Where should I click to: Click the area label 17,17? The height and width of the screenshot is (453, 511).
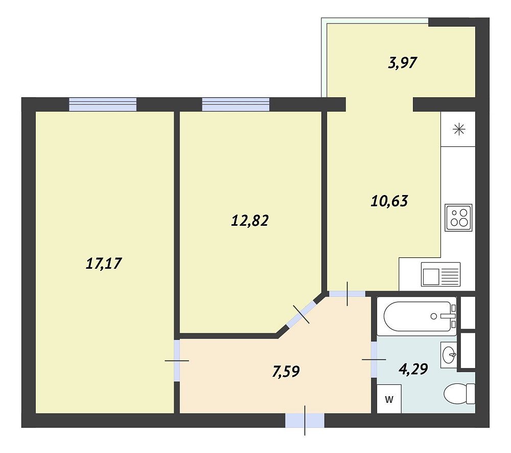coord(104,264)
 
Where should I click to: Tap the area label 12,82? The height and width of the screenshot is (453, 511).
coord(250,221)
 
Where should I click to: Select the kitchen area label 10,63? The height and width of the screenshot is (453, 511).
coord(389,201)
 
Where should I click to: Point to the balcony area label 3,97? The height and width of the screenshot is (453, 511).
coord(403,62)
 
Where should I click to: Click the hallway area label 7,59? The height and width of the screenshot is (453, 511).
coord(286,372)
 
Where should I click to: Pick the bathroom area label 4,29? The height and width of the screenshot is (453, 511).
coord(413,369)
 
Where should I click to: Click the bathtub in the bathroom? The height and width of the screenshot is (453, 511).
coord(417,316)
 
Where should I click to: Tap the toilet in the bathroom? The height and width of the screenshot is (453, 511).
coord(459,394)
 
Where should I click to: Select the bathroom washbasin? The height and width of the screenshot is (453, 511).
coord(449,355)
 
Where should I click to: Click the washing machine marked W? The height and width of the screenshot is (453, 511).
coord(389,399)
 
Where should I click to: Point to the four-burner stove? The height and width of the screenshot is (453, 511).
coord(458,218)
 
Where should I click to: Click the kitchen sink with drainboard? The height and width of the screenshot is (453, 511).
coord(440,274)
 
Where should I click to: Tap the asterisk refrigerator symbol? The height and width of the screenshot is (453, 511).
coord(459,130)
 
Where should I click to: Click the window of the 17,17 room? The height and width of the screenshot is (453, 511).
coord(103,104)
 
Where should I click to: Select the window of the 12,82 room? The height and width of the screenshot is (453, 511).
coord(236,104)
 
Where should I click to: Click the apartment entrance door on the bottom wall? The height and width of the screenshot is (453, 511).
coord(305,420)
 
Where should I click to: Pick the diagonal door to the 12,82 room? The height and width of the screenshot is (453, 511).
coord(301,314)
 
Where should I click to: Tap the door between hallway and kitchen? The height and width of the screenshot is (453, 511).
coord(347,294)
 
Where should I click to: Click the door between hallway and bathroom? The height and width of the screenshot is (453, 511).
coord(374,359)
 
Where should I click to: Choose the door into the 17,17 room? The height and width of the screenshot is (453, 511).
coord(177,361)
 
